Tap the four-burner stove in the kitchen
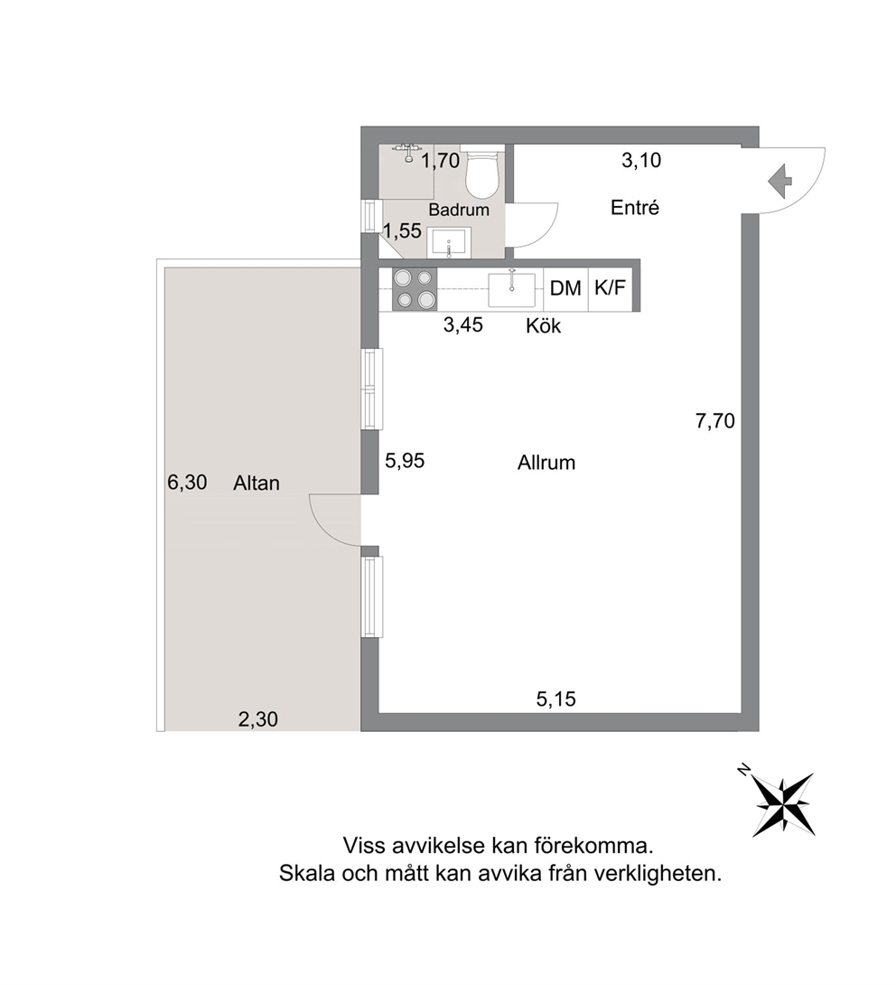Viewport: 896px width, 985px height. coord(415,289)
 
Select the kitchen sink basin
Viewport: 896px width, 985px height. coord(512,289)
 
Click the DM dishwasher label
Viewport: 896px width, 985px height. coord(565,288)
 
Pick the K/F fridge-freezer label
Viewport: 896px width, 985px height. coord(611,287)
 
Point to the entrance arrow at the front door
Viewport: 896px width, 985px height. coord(779,181)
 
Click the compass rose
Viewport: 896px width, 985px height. coord(782,804)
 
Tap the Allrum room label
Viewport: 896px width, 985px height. coord(546,463)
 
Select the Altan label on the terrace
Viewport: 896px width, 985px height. coord(257,483)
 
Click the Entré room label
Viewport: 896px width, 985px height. coord(635,207)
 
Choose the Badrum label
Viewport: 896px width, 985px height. coord(459,210)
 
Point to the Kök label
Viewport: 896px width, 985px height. coord(544,325)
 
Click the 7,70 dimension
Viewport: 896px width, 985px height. coord(715,421)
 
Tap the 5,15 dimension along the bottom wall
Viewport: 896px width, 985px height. coord(555,699)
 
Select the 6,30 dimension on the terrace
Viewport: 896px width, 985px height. coord(187,483)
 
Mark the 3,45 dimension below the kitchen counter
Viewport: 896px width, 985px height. coord(463,324)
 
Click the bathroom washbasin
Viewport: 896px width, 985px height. coord(449,243)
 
